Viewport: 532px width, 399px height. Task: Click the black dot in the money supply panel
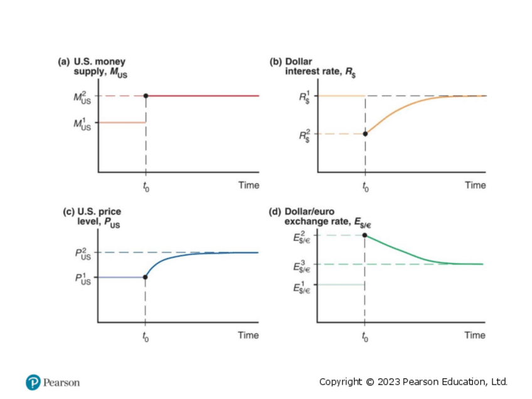tap(146, 95)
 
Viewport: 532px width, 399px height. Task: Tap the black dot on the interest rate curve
tap(364, 133)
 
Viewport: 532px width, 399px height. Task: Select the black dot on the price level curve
tap(146, 277)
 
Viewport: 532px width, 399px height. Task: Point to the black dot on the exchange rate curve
tap(364, 235)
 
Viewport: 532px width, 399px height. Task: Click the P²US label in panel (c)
tap(82, 253)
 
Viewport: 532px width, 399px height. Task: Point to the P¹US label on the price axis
tap(82, 278)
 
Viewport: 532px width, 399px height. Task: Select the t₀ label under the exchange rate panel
tap(364, 337)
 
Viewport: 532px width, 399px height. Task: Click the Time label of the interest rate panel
tap(475, 185)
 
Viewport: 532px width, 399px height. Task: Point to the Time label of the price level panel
tap(248, 335)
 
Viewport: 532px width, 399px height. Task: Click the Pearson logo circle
tap(33, 382)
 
